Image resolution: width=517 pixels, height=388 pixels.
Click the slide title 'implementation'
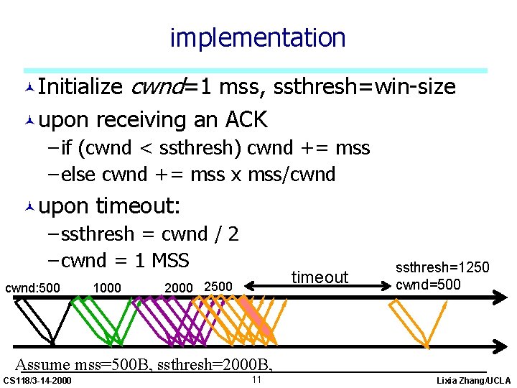[257, 37]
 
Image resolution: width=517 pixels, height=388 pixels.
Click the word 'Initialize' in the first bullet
[80, 87]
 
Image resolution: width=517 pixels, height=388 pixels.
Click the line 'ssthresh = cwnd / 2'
[149, 234]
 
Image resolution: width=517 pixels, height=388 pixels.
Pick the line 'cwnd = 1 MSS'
[124, 260]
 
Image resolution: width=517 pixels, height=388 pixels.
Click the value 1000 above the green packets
[107, 287]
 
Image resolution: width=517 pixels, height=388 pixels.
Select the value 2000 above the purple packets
[179, 287]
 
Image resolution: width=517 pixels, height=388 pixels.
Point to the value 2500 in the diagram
[218, 287]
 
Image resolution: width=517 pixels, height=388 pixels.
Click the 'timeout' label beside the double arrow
[320, 277]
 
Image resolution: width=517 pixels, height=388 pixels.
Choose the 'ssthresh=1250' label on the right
[442, 268]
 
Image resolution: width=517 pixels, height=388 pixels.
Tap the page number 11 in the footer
[256, 379]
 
